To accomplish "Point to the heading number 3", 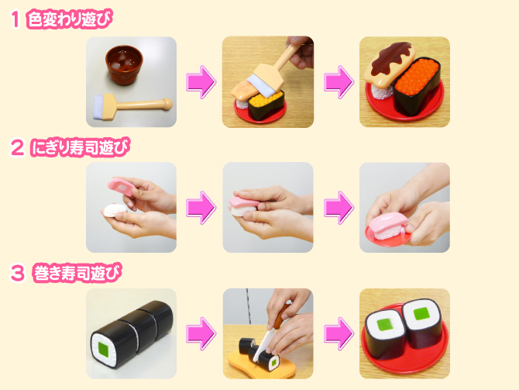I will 15,273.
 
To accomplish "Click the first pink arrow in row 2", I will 200,208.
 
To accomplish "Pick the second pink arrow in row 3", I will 337,333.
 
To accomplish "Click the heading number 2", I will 15,147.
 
